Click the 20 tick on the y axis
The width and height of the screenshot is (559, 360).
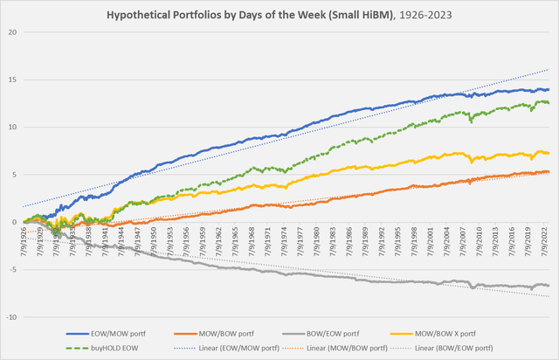click(12, 32)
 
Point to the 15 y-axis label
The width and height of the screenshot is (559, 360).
click(12, 80)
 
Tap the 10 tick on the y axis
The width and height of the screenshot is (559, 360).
click(12, 127)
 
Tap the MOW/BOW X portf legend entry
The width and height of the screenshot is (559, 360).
click(447, 333)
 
